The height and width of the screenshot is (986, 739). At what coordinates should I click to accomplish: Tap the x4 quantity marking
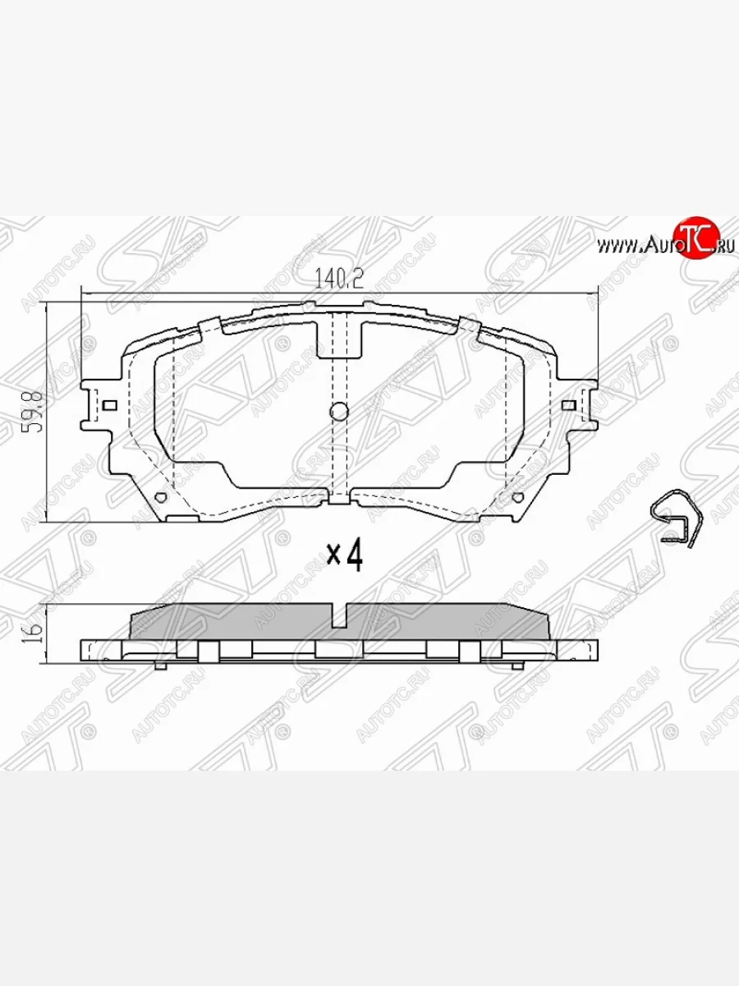point(345,556)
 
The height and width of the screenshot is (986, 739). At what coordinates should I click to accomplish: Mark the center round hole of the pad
point(339,412)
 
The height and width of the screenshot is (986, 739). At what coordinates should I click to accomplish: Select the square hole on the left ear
point(109,404)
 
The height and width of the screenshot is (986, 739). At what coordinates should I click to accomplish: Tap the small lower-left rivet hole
point(161,497)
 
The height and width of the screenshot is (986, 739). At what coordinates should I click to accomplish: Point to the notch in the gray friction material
point(340,615)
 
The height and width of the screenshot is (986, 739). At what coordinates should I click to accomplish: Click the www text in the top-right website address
point(617,244)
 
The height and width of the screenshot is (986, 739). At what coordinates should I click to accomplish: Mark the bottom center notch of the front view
point(340,497)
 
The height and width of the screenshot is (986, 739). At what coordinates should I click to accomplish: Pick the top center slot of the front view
point(340,339)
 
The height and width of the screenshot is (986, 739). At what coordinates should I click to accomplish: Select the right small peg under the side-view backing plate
point(517,665)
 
